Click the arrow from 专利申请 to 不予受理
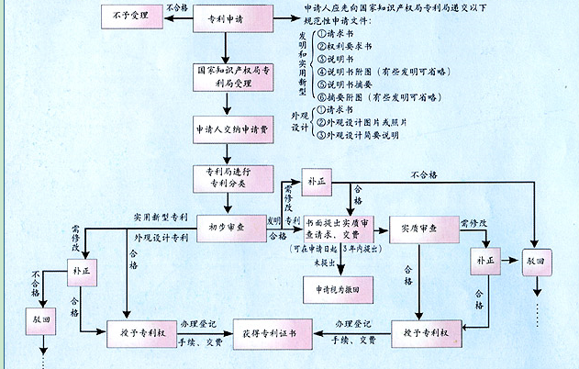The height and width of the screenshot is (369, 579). (x=178, y=17)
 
